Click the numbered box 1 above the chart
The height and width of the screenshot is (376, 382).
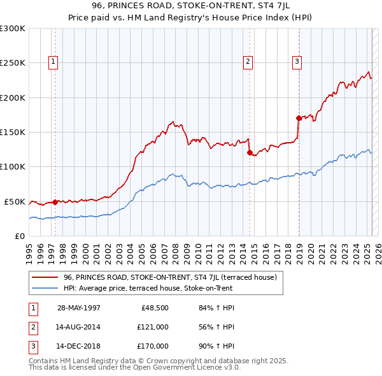click(x=53, y=62)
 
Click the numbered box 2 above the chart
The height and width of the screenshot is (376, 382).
click(x=248, y=62)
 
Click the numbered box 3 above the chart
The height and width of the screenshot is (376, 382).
click(x=297, y=62)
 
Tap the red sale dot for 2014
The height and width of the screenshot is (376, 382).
click(x=250, y=152)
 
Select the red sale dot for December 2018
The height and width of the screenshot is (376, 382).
click(x=299, y=118)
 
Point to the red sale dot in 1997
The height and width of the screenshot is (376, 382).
click(x=55, y=202)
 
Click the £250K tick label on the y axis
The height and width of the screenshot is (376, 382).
click(x=12, y=63)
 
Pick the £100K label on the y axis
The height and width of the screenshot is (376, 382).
click(x=12, y=167)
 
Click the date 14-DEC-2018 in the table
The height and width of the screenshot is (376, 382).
click(x=78, y=347)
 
